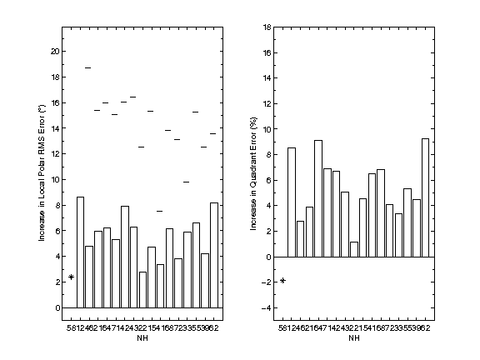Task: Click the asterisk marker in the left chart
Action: click(x=72, y=277)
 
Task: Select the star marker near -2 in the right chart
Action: click(x=283, y=280)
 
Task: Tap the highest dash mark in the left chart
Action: click(x=88, y=67)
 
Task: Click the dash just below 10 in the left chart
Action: click(x=186, y=182)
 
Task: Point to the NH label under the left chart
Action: click(x=142, y=338)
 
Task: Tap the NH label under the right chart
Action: click(x=354, y=338)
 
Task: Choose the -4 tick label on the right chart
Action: click(x=267, y=308)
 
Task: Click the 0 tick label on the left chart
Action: click(x=57, y=307)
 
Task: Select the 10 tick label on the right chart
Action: click(x=267, y=129)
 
